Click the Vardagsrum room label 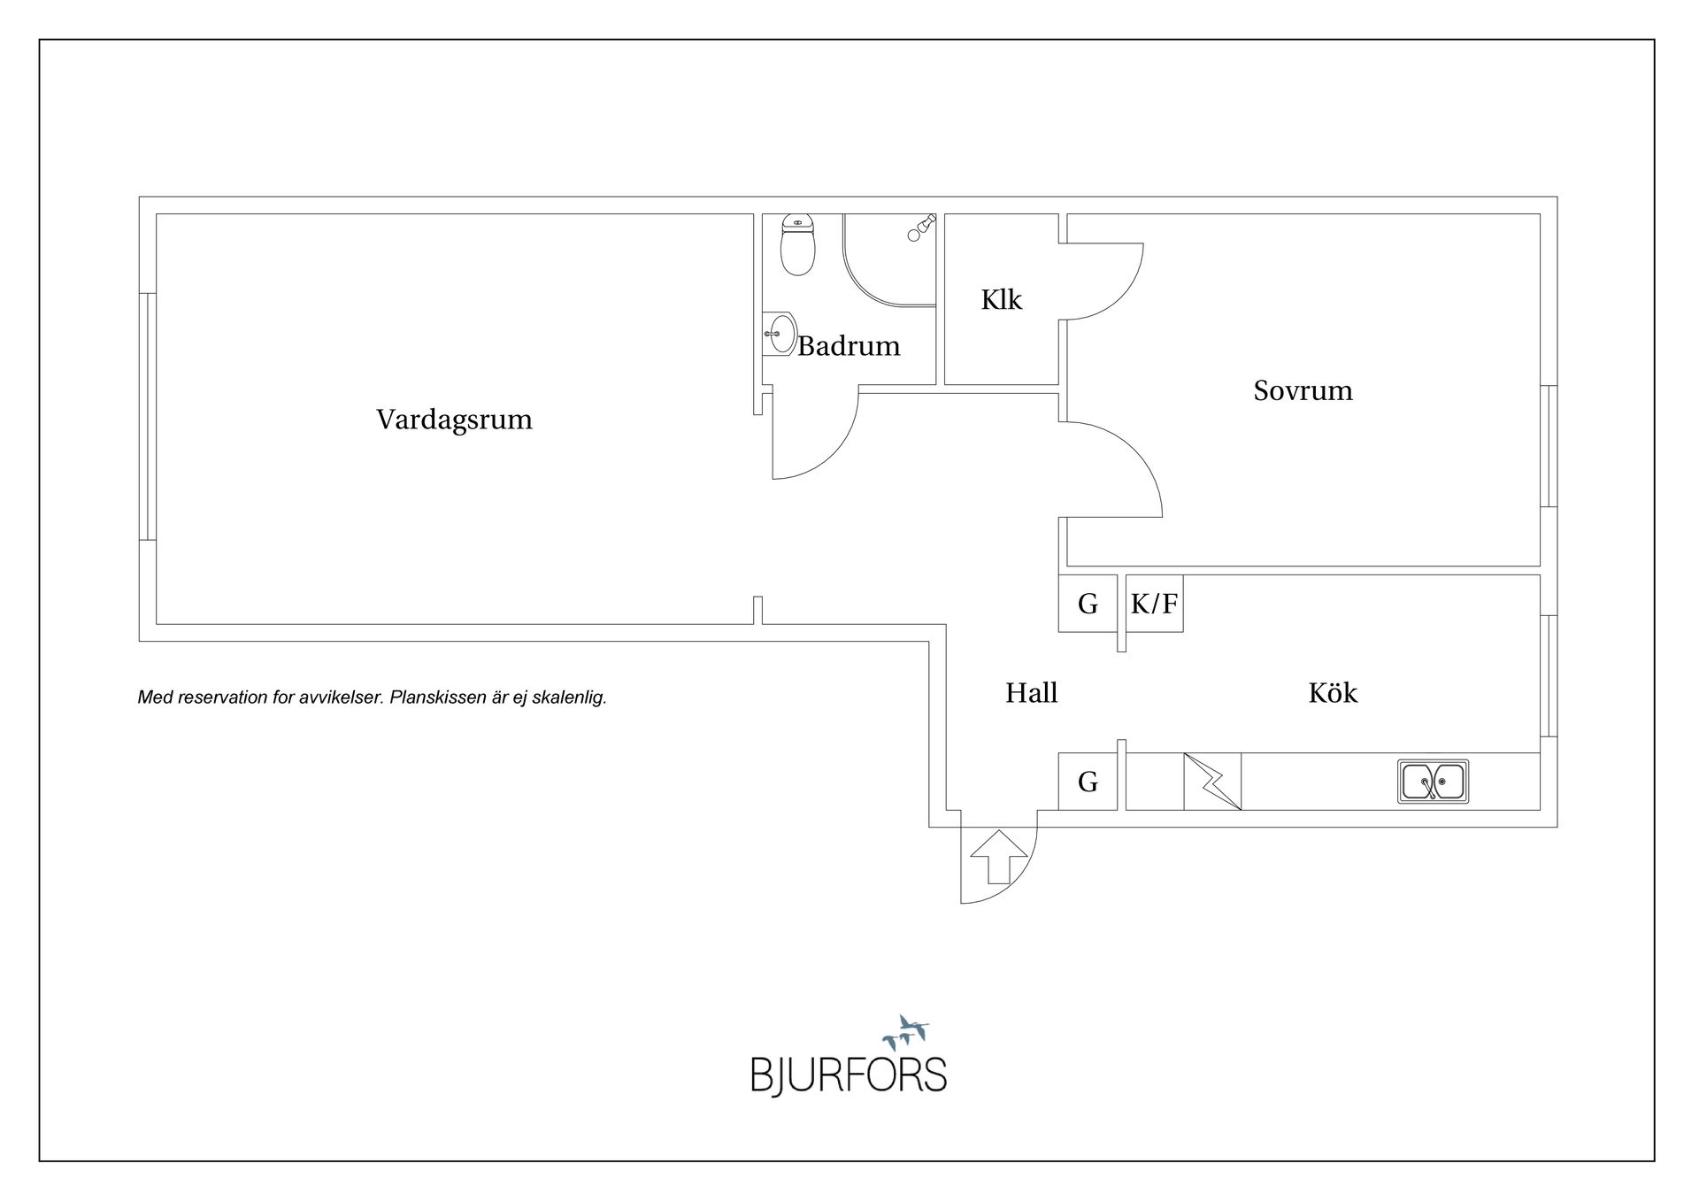click(454, 420)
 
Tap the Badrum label click(849, 345)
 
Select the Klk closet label click(1001, 299)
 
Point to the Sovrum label click(1303, 390)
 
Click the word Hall click(1031, 692)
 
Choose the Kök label click(1333, 691)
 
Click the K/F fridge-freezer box click(1154, 604)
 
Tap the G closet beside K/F click(1088, 604)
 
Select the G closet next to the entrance click(1088, 781)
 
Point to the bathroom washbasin click(779, 334)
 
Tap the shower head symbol click(921, 227)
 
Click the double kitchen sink click(1433, 782)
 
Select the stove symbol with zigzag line click(1212, 781)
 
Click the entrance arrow click(999, 857)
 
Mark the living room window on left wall click(148, 416)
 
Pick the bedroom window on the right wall click(1549, 446)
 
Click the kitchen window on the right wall click(1549, 676)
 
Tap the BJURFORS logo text click(849, 1075)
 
